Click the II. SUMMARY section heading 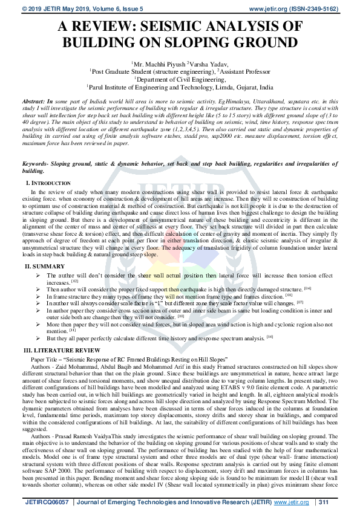[44, 267]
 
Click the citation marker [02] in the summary [74, 282]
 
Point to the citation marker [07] [299, 302]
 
